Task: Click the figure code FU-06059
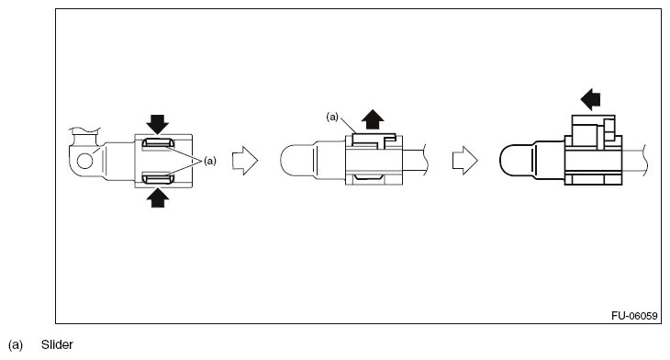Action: tap(634, 316)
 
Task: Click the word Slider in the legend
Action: tap(57, 344)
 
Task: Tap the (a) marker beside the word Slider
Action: tap(16, 345)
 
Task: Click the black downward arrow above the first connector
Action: tap(158, 124)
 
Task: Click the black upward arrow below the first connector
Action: tap(158, 198)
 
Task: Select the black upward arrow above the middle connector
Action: tap(373, 119)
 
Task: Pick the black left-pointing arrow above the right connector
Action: tap(590, 99)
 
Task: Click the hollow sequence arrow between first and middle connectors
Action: tap(245, 161)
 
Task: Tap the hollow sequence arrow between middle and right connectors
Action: tap(465, 161)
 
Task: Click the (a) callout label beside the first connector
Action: tap(210, 161)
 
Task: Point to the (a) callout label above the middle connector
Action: tap(332, 117)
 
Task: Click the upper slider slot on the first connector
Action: tap(158, 142)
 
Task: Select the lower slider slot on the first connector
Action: tap(158, 178)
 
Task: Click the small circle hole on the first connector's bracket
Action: tap(85, 161)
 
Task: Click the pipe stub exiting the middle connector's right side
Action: tap(415, 162)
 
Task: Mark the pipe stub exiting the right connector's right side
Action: tap(634, 161)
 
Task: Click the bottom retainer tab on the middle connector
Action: tap(368, 176)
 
